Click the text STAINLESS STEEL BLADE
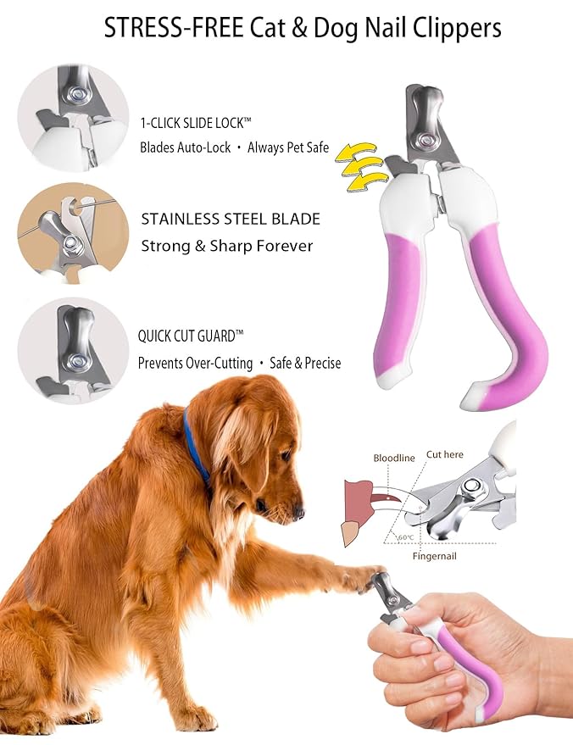click(x=231, y=219)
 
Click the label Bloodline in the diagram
click(x=394, y=458)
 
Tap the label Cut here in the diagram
click(x=444, y=454)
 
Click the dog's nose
click(x=298, y=512)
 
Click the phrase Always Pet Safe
click(x=287, y=147)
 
